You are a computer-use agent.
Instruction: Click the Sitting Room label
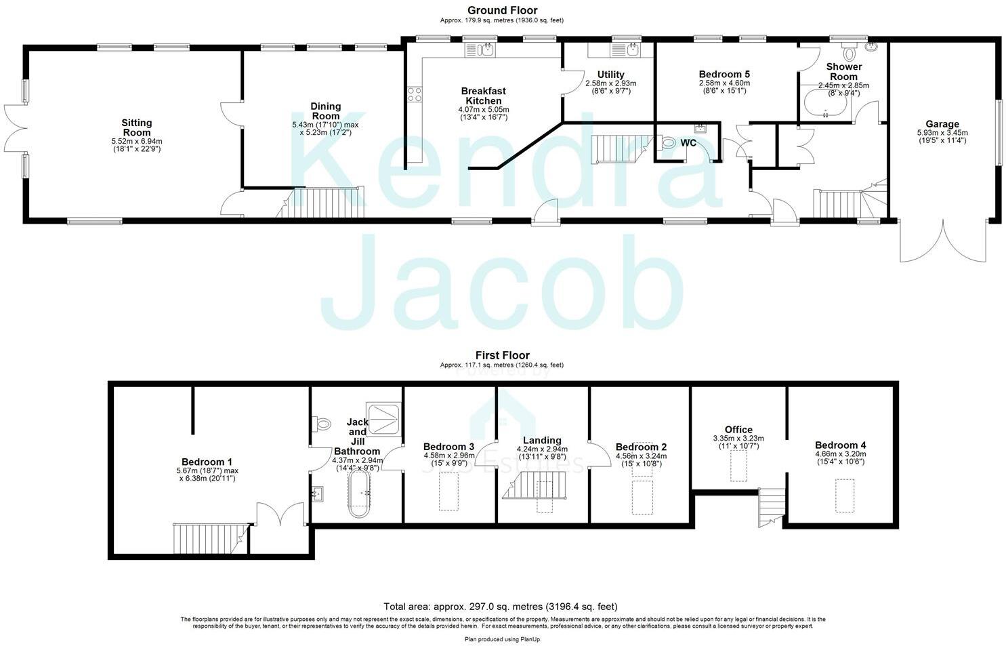pos(136,127)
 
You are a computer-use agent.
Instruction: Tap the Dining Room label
pos(325,110)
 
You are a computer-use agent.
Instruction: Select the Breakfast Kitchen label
pos(483,96)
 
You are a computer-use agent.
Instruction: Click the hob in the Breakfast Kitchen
pos(414,94)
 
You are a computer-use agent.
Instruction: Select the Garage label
pos(942,124)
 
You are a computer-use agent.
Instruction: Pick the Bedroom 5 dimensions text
pos(724,87)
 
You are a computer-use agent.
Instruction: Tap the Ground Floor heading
pos(502,10)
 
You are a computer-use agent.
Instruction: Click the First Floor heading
pos(502,355)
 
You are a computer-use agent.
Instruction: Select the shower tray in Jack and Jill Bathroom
pos(383,418)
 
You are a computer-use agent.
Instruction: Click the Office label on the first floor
pos(738,430)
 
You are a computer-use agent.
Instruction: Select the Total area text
pos(501,607)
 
